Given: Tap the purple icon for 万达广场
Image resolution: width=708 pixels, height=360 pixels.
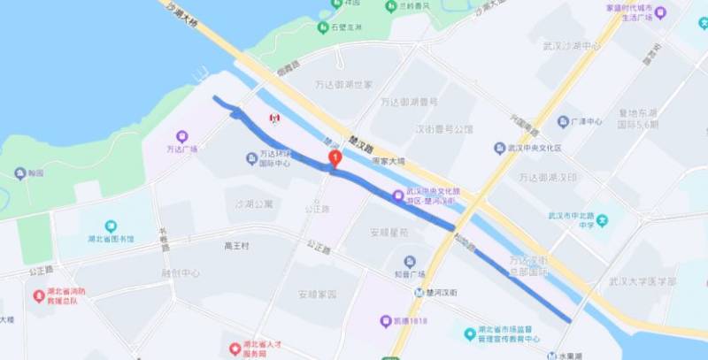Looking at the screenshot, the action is click(182, 136).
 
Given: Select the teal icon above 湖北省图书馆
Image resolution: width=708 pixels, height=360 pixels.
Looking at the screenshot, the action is click(111, 227).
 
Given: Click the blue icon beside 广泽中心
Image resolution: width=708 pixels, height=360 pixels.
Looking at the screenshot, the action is click(563, 121).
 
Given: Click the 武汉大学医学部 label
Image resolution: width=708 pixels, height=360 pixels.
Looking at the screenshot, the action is click(642, 281).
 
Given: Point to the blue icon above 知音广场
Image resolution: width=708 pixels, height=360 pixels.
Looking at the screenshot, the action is click(410, 262).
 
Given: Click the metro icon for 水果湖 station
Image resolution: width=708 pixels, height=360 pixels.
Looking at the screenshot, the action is click(551, 356).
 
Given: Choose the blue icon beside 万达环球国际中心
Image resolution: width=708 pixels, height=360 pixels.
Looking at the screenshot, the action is click(251, 158).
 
